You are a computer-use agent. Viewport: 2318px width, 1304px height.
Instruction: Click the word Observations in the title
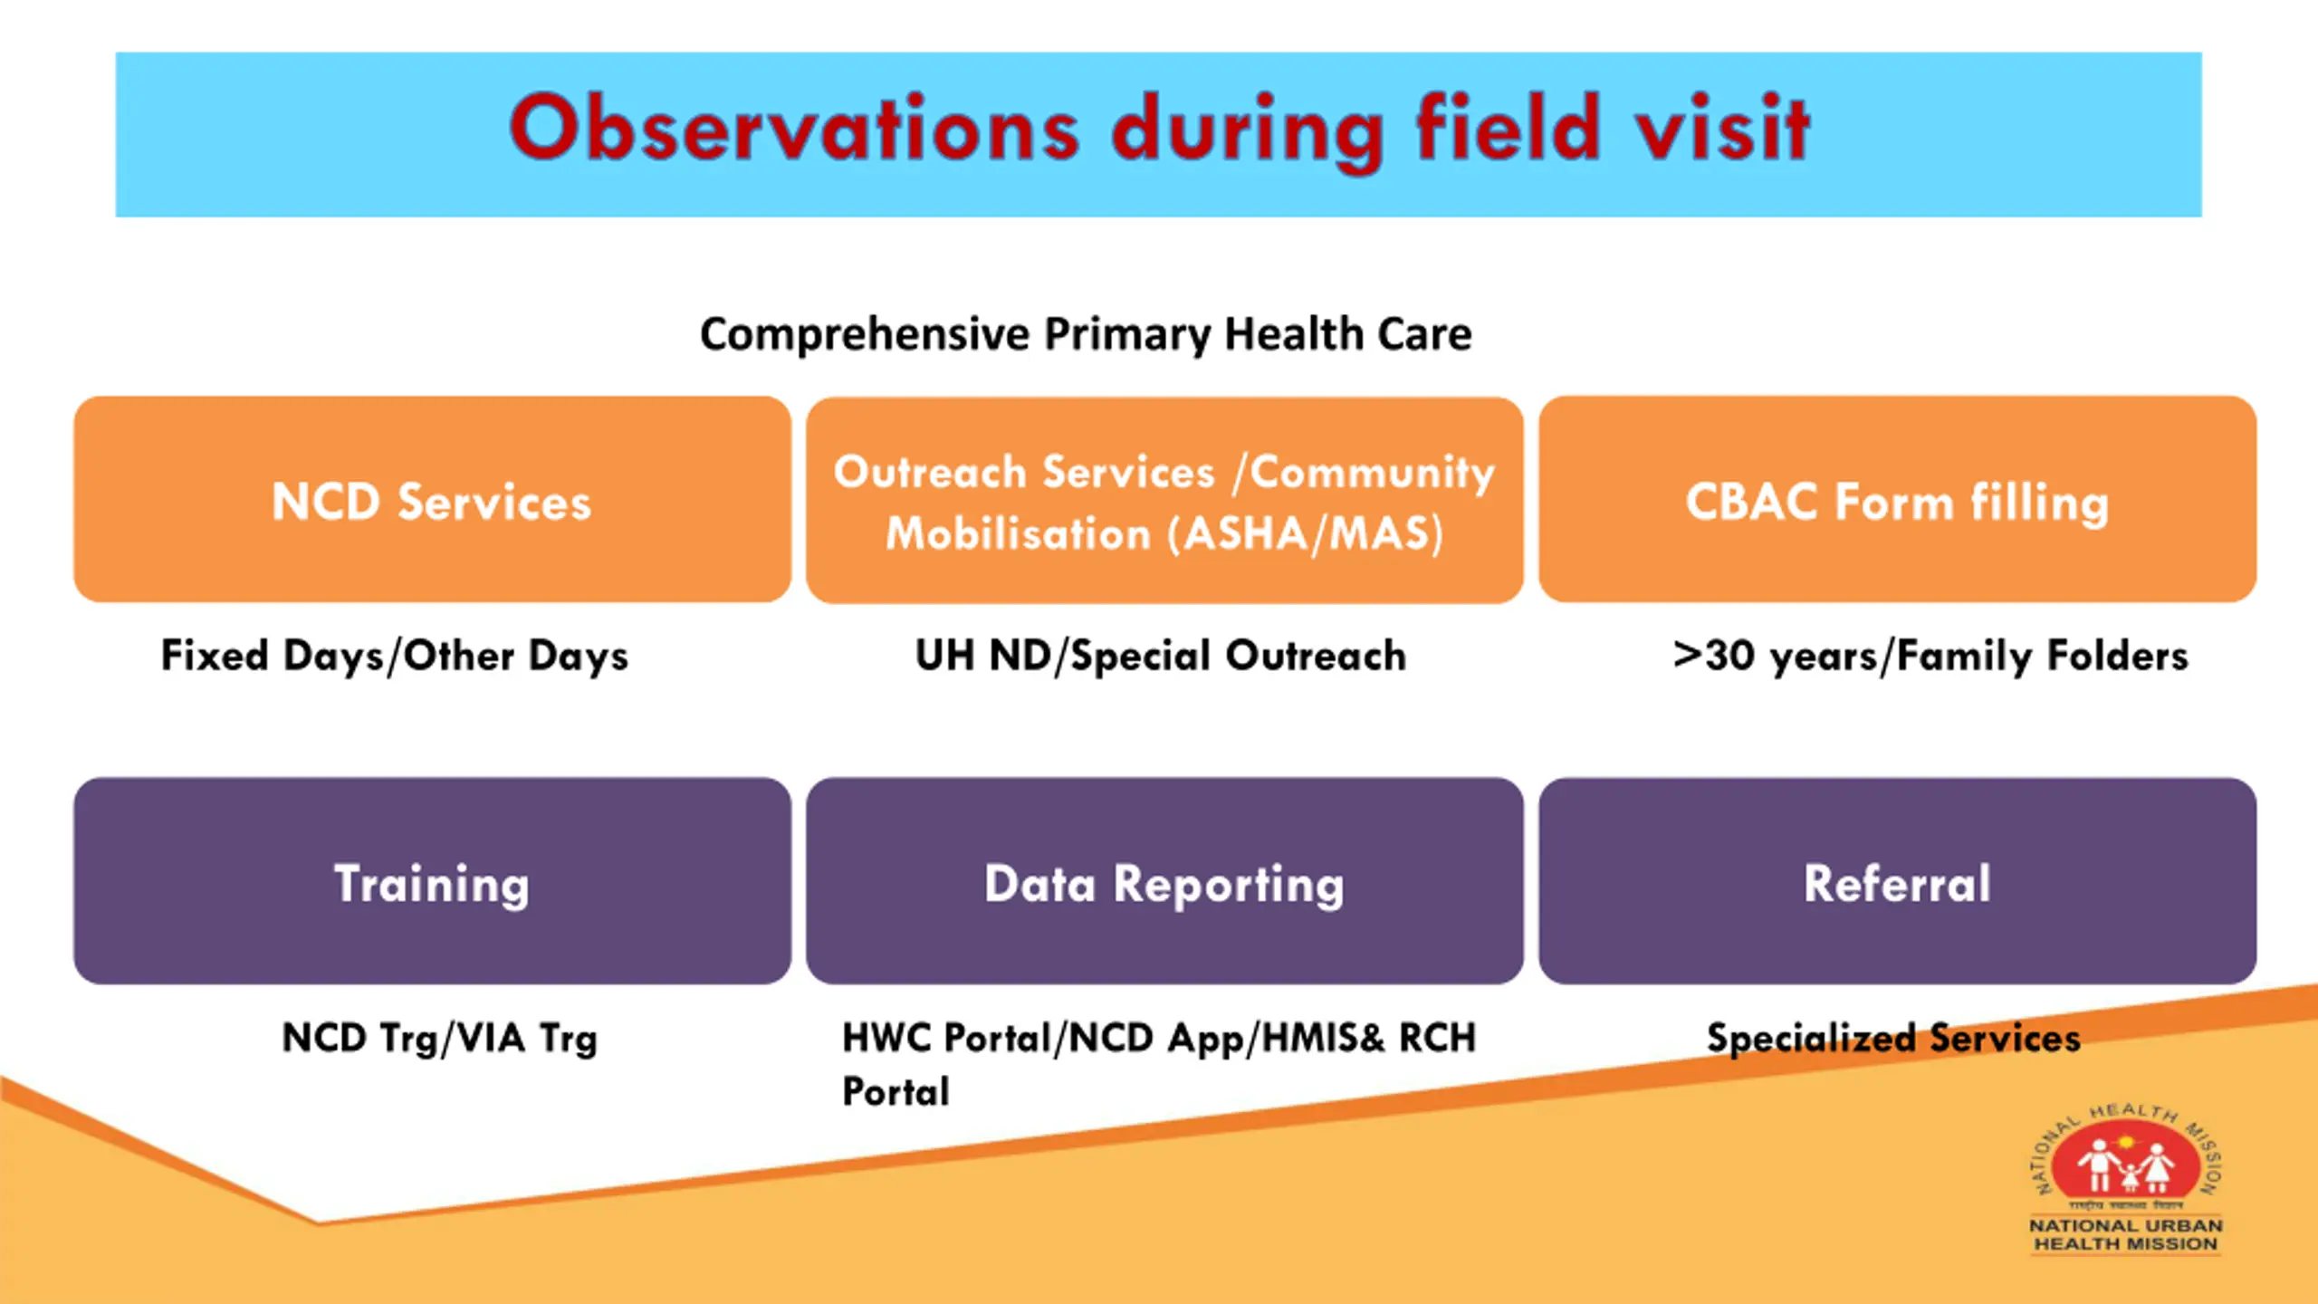coord(794,129)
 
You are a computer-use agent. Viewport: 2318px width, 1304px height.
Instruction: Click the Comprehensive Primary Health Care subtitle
coord(1086,335)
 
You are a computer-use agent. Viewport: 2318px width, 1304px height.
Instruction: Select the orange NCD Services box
coord(432,499)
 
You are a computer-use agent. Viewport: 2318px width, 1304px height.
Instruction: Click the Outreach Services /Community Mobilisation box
coord(1164,500)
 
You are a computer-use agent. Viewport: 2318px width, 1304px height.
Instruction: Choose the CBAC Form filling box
coord(1897,499)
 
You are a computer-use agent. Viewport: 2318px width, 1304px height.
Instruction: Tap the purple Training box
coord(432,881)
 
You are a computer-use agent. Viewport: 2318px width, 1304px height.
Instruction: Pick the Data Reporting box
coord(1164,881)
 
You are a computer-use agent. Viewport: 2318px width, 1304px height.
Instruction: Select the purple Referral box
coord(1897,881)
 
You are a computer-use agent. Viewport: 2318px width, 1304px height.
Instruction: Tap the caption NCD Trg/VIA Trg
coord(440,1039)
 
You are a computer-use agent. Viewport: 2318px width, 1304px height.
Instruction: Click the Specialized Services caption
coord(1893,1039)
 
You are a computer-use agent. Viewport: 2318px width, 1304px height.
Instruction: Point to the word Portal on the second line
coord(896,1091)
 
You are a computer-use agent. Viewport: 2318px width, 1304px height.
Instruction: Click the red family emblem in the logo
coord(2125,1161)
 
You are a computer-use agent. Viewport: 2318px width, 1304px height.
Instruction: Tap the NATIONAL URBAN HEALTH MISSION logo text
coord(2125,1235)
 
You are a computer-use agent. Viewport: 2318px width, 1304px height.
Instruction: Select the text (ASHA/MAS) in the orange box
coord(1305,533)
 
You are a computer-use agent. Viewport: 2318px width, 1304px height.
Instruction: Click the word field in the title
coord(1509,129)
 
